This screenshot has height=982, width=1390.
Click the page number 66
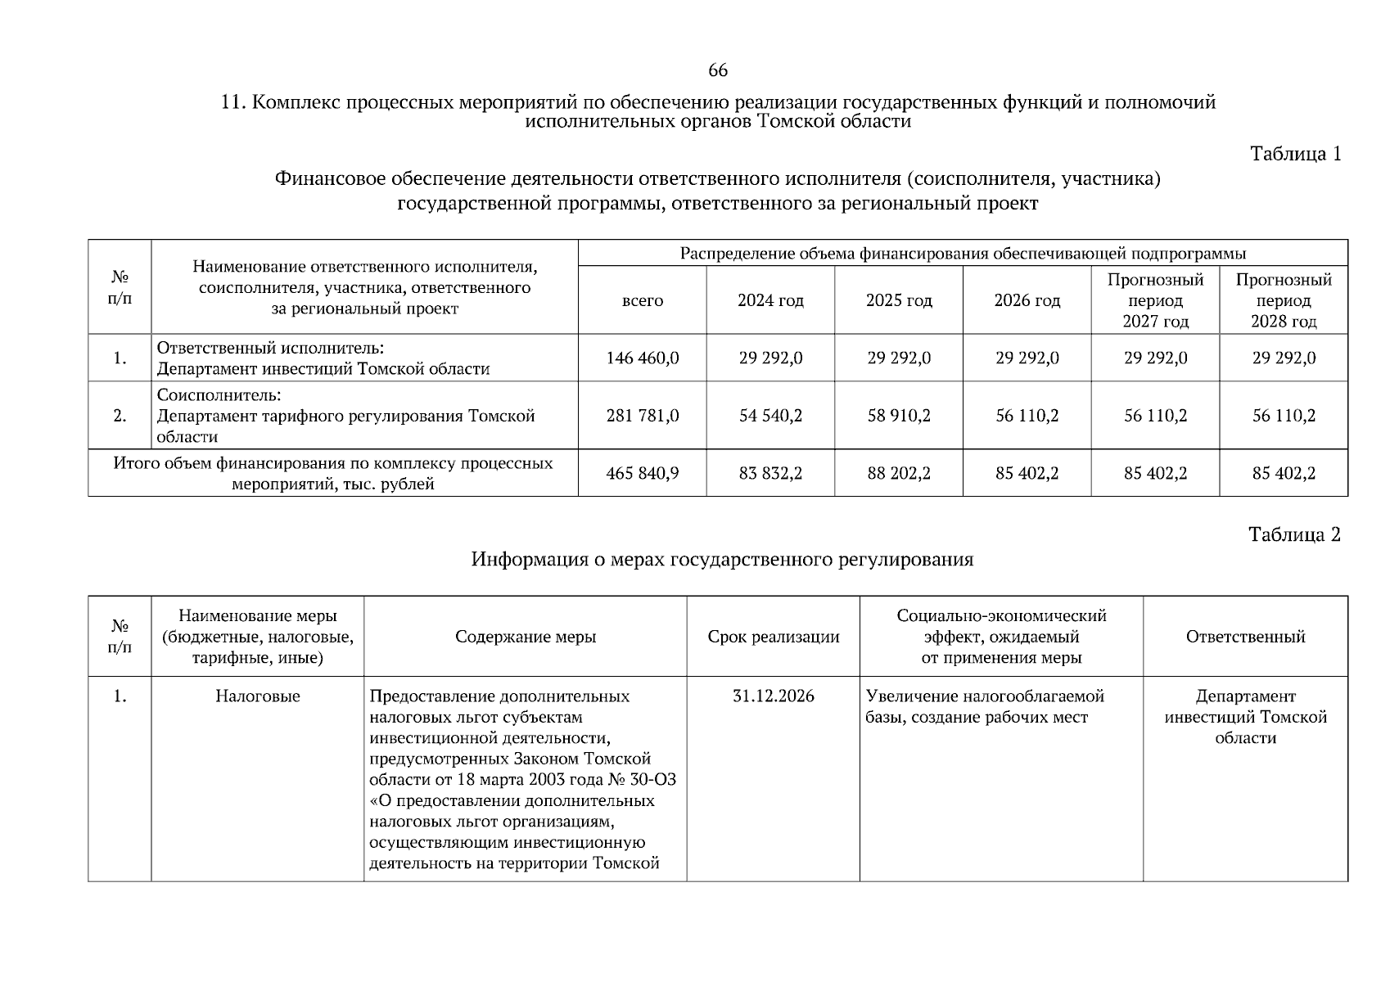717,70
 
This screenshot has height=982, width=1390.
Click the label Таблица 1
1295,154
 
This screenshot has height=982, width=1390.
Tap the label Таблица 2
1294,534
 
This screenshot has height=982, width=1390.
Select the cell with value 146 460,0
643,358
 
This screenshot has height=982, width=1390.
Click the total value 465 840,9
643,473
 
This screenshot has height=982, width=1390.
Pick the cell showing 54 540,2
770,416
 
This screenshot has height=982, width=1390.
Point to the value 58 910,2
899,416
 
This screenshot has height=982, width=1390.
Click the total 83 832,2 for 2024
770,473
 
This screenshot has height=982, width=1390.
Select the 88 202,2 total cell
899,473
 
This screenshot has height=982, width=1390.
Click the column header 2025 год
899,300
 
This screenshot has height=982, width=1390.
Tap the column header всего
643,300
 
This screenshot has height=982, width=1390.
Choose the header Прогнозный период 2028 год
1284,300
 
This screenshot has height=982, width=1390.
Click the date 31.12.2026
773,696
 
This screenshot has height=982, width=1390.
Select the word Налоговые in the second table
258,696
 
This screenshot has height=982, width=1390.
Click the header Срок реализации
773,637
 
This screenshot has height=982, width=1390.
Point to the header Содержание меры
526,637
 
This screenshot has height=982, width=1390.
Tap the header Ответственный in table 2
1245,637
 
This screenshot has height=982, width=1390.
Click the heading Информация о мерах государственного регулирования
722,560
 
